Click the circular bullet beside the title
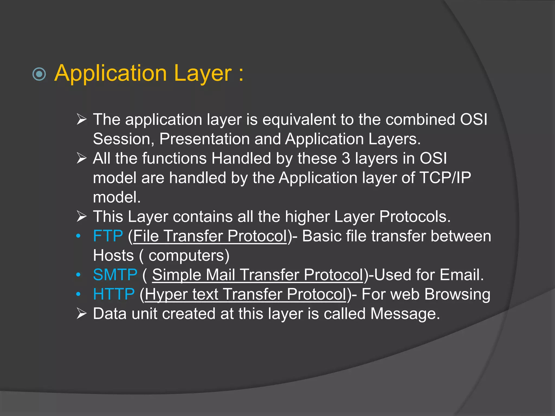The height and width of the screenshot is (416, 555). (39, 74)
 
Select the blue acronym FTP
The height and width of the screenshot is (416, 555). (108, 236)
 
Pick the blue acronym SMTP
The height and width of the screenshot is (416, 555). (115, 275)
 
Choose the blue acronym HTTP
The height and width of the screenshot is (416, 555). (114, 294)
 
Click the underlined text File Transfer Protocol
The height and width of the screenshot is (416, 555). (210, 236)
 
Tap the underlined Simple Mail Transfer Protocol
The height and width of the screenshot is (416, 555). (257, 275)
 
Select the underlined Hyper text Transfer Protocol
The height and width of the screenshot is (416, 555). (246, 294)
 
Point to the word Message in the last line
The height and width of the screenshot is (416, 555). (405, 314)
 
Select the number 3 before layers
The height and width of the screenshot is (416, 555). (346, 158)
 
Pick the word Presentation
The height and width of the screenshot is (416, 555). (204, 139)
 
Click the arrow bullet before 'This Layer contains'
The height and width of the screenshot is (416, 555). (81, 216)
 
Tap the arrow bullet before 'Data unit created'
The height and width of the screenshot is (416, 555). (81, 314)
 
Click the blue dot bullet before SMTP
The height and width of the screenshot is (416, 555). (78, 275)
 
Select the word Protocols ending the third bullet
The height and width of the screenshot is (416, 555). (414, 217)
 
